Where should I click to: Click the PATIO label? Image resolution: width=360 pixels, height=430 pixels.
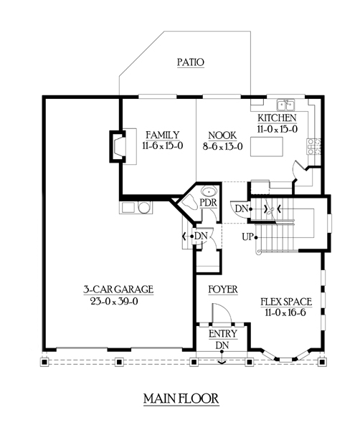[x=190, y=62]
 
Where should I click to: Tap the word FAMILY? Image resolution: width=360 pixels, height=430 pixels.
[x=162, y=135]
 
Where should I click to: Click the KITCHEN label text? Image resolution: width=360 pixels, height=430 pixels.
[x=277, y=118]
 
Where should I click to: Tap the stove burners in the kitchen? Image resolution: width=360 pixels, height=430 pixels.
[x=313, y=146]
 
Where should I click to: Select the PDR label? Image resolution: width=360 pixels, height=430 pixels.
[x=208, y=203]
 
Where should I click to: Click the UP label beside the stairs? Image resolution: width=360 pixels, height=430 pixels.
[x=247, y=236]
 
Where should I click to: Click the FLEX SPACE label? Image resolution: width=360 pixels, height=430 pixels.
[x=285, y=302]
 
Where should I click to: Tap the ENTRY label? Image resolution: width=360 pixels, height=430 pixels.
[x=223, y=334]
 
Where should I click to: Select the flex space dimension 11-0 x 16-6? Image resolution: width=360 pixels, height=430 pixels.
[x=285, y=314]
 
